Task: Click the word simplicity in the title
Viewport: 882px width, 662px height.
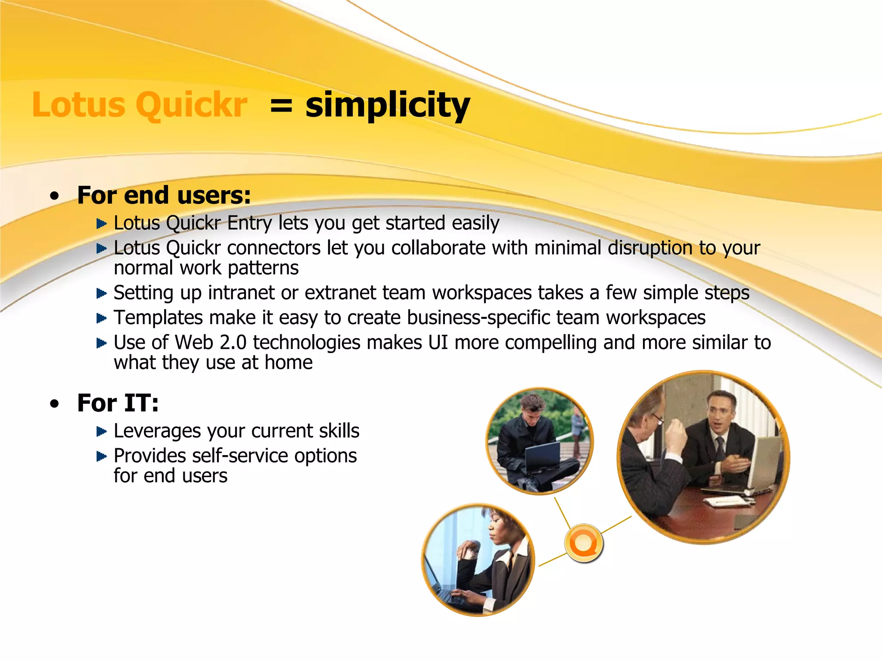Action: pos(387,106)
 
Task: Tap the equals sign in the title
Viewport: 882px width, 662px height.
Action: pos(281,106)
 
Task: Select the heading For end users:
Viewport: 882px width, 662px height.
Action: pos(164,195)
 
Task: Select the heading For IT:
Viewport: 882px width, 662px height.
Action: pos(118,403)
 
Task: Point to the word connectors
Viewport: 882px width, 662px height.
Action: pos(273,248)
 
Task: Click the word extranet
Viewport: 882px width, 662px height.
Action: pos(340,293)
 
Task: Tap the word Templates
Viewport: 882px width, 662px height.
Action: pos(158,318)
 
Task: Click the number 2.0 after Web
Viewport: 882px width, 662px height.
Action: pos(233,343)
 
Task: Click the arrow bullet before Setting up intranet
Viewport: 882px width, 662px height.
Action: pos(101,294)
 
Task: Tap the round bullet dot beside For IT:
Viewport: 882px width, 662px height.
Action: pos(54,404)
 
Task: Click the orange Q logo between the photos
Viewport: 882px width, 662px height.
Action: pos(583,543)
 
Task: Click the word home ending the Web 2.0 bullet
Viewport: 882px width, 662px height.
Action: pos(289,363)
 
